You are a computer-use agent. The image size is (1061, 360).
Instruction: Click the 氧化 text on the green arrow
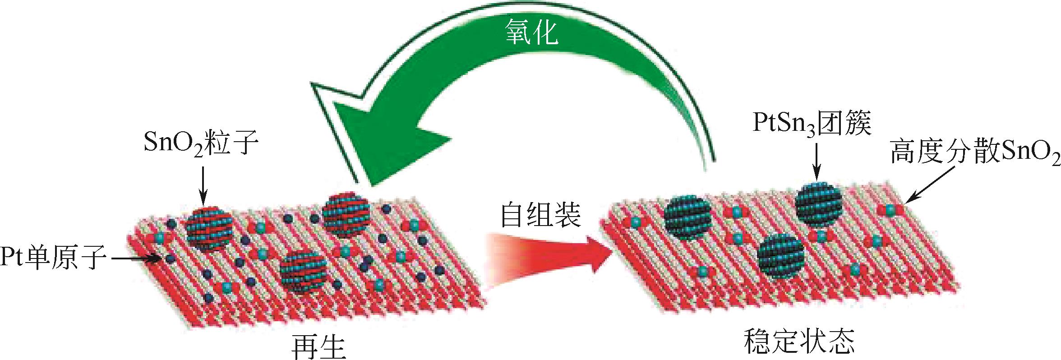click(531, 32)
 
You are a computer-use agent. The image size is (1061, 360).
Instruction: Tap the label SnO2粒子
click(201, 143)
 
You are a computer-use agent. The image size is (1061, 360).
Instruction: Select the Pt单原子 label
click(53, 258)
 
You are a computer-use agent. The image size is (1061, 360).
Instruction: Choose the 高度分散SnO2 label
click(975, 153)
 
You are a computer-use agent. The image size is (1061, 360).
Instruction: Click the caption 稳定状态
click(799, 341)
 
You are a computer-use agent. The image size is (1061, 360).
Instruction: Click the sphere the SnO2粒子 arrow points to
click(209, 228)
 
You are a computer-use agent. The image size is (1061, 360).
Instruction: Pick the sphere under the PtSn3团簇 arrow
click(818, 203)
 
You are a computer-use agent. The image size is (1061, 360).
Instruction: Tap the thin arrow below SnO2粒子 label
click(203, 185)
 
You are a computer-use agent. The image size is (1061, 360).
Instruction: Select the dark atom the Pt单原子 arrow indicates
click(170, 259)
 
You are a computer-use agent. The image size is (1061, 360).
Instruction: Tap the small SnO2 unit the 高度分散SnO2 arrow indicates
click(890, 209)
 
